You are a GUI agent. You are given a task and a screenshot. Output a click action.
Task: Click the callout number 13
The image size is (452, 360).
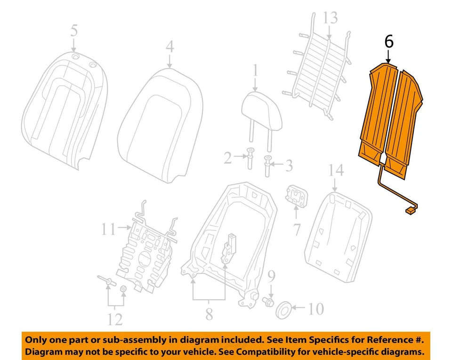pos(330,18)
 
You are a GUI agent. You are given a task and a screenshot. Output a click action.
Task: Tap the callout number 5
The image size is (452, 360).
pos(74,32)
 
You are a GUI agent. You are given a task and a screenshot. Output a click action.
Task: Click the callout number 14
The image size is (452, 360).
pos(336,170)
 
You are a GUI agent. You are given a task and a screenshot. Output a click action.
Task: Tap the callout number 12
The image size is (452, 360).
pos(114,319)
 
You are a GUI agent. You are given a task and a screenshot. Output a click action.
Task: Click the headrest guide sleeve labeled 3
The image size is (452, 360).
pos(268,165)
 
